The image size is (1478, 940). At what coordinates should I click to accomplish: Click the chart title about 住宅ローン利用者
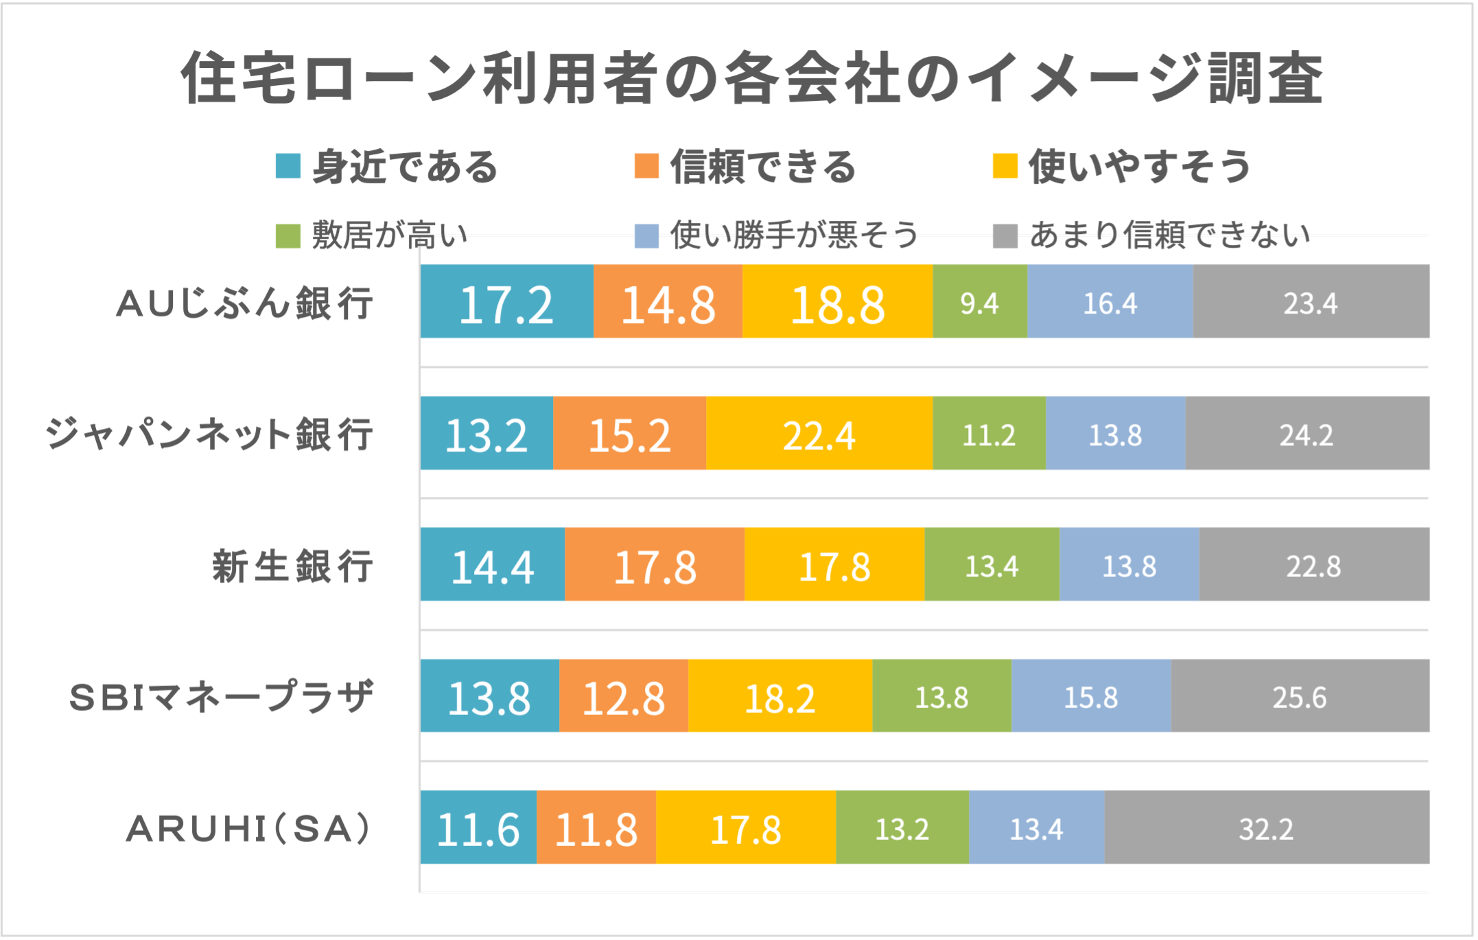click(751, 78)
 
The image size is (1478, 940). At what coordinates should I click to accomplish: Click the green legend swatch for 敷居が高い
click(288, 236)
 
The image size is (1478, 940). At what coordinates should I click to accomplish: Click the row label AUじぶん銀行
click(245, 303)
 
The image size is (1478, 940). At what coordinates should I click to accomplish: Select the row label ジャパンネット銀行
click(209, 434)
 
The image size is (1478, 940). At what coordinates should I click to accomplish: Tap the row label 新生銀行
click(293, 566)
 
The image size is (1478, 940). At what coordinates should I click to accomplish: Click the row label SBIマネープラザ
click(222, 697)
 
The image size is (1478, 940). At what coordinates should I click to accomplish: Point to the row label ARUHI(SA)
click(249, 828)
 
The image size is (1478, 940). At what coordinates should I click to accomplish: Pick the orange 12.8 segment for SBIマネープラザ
click(623, 696)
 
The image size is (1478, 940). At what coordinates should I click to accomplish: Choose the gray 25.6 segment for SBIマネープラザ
click(1300, 696)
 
